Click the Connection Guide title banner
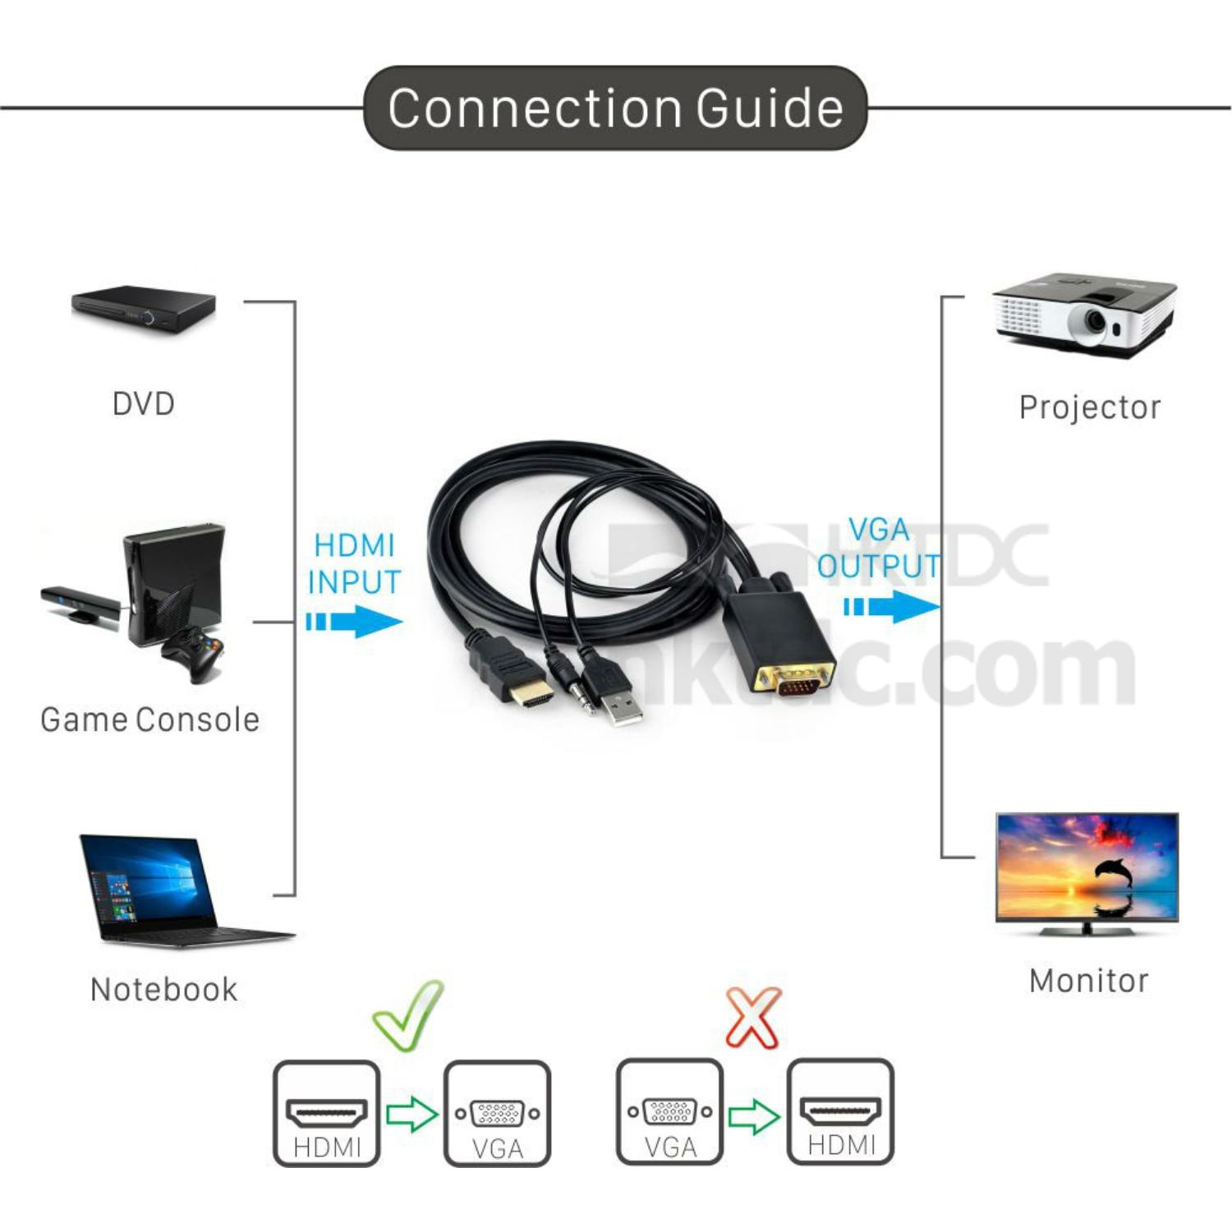tap(615, 108)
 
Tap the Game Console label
tap(150, 719)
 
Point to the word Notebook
tap(163, 989)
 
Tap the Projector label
tap(1089, 407)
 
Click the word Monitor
tap(1088, 981)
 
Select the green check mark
tap(408, 1015)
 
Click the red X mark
tap(753, 1018)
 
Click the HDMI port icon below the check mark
tap(326, 1114)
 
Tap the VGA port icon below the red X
tap(669, 1112)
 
